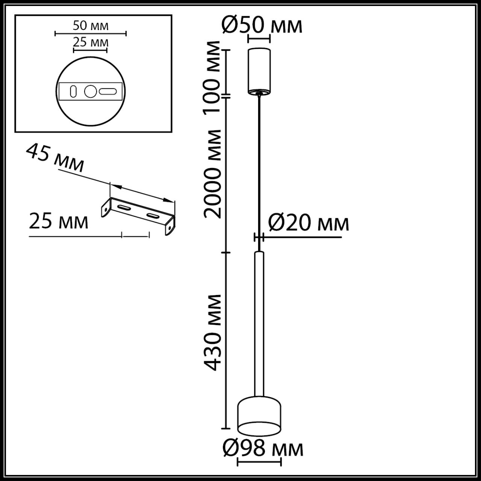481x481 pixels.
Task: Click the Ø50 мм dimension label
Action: point(262,25)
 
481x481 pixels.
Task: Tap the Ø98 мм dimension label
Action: point(263,448)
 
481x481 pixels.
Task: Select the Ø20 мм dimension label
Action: point(309,223)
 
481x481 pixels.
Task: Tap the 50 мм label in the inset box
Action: point(90,26)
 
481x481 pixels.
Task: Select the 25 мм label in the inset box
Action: point(91,42)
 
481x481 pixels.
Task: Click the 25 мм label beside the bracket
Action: point(59,221)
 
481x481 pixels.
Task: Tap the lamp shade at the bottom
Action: point(259,413)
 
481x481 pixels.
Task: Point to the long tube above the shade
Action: point(259,323)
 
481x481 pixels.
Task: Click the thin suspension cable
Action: point(259,169)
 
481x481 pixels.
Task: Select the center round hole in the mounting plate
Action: point(90,91)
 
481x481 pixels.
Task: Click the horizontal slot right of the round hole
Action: point(108,91)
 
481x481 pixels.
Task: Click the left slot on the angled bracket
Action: point(124,207)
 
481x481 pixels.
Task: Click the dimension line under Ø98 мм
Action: point(259,462)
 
